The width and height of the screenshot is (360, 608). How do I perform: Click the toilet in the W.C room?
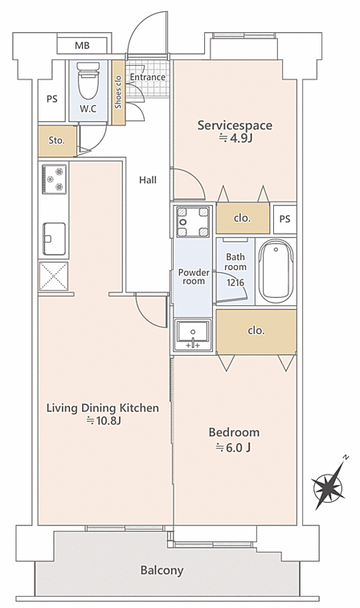88,80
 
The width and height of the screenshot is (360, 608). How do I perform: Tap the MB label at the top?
82,46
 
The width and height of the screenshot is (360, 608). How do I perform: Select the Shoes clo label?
118,92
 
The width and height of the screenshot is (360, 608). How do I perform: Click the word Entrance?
147,77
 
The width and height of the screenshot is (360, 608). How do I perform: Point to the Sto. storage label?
56,141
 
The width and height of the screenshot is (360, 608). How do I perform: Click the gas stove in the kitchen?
55,179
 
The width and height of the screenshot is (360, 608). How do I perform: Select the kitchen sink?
54,239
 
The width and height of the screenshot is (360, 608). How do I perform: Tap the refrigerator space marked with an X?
54,276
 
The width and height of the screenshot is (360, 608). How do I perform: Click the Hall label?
148,180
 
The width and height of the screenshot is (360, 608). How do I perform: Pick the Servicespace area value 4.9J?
236,138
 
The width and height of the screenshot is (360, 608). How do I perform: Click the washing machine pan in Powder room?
193,222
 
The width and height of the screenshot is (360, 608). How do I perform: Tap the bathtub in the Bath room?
276,271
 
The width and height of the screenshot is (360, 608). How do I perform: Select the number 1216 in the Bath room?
235,282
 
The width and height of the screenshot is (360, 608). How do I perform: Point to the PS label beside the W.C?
52,100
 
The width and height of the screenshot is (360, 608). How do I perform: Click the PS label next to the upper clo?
284,219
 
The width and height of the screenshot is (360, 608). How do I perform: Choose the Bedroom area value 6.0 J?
233,448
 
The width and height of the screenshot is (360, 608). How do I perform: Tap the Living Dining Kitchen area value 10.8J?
103,421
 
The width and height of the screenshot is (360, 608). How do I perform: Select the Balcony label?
162,570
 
